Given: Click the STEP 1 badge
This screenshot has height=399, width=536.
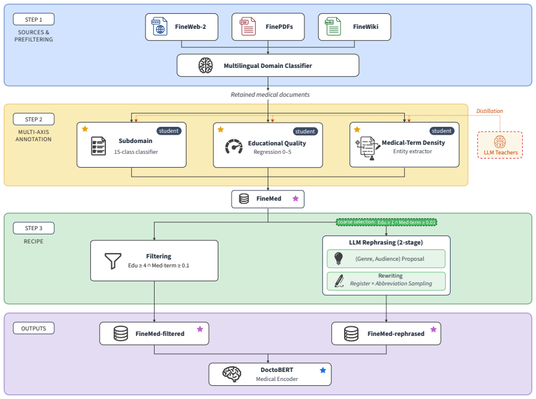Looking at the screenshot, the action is click(x=34, y=19).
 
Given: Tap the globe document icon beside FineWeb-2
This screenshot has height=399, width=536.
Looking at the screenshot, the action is click(x=159, y=26).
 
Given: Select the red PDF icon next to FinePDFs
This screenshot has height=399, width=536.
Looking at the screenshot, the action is click(x=247, y=26).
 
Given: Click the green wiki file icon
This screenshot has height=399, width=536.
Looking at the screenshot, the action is click(x=333, y=26).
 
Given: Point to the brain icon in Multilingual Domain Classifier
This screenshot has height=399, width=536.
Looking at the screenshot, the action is click(x=206, y=65).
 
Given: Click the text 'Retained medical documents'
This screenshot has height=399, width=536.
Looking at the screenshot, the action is click(x=270, y=94).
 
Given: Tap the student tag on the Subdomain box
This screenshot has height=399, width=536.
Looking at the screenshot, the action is click(x=168, y=131).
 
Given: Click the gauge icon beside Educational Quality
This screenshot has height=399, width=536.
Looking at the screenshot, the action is click(x=234, y=147).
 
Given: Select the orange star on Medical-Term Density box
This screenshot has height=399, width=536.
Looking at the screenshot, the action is click(x=357, y=129).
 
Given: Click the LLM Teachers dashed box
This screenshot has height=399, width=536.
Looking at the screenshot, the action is click(x=500, y=145).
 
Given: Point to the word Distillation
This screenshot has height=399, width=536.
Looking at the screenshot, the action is click(x=490, y=111).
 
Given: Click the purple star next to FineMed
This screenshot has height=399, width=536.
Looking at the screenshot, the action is click(x=296, y=199).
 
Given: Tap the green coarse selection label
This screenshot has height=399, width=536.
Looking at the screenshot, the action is click(x=387, y=222).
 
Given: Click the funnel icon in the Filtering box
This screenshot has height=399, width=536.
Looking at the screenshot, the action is click(x=113, y=261).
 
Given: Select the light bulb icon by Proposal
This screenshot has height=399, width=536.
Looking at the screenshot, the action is click(x=339, y=258).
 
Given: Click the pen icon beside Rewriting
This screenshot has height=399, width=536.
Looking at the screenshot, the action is click(x=339, y=281).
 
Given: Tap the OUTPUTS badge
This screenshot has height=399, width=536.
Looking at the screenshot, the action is click(x=34, y=328).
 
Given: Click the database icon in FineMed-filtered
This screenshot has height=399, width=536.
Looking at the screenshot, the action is click(x=121, y=334).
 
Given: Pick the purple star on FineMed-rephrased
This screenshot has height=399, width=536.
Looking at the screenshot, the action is click(x=434, y=329).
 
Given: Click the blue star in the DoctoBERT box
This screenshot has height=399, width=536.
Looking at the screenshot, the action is click(x=322, y=370).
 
